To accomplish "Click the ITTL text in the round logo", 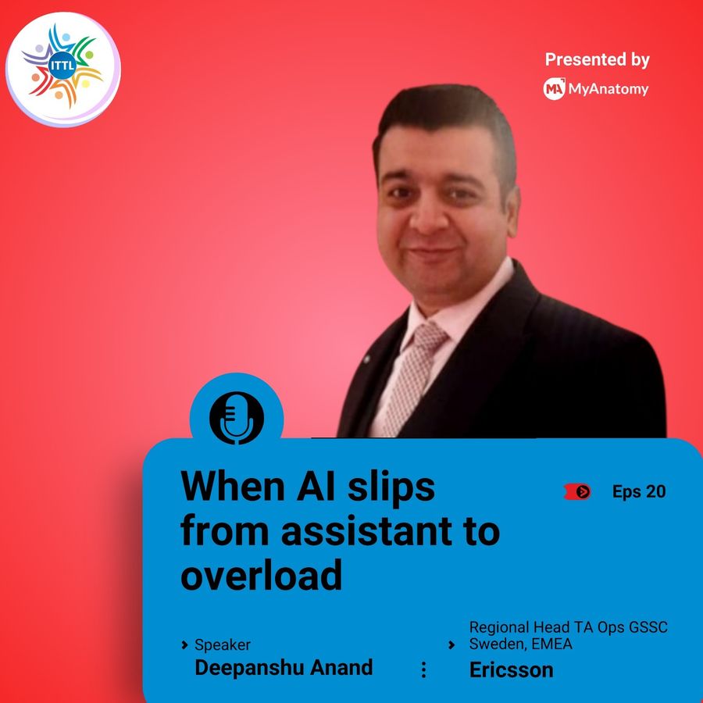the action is pos(62,66).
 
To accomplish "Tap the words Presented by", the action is pos(598,59).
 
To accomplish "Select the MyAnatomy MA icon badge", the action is pos(554,89).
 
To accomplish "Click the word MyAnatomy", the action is pos(608,89).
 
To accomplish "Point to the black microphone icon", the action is pos(237,418).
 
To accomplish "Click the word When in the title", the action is pos(232,487).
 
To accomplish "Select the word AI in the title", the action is pos(316,487).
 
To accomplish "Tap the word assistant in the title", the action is pos(368,531).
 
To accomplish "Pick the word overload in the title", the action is pos(262,575).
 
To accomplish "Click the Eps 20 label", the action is pos(639,491).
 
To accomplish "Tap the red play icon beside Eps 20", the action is pos(577,492).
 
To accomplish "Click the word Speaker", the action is pos(223,644).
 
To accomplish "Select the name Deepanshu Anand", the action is pos(284,667).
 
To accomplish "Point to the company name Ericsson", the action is pos(511,670).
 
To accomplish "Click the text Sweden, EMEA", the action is pos(520,644).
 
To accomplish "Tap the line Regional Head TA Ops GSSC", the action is pos(569,626).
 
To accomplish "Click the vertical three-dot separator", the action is pos(423,670).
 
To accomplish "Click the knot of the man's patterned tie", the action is pos(428,336).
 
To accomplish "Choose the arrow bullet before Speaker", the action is pos(184,645).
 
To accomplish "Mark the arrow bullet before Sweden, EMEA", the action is pos(451,645).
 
